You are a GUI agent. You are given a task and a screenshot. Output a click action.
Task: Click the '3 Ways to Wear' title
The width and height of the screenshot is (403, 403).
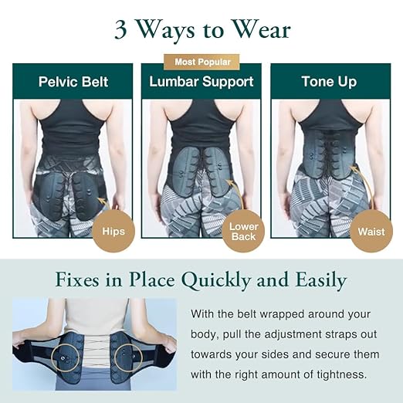pos(201,29)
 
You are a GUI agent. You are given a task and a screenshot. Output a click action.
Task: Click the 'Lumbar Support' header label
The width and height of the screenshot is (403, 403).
pos(201,82)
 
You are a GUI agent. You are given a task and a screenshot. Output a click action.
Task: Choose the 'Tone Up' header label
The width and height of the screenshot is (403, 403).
pos(329,82)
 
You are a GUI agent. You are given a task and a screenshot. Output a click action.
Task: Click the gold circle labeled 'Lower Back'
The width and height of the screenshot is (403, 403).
pos(243,230)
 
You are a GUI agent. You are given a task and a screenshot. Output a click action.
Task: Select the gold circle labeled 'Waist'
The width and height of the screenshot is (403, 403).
pos(371,230)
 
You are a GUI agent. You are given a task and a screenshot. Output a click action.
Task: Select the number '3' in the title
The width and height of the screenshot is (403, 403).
pos(121,30)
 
